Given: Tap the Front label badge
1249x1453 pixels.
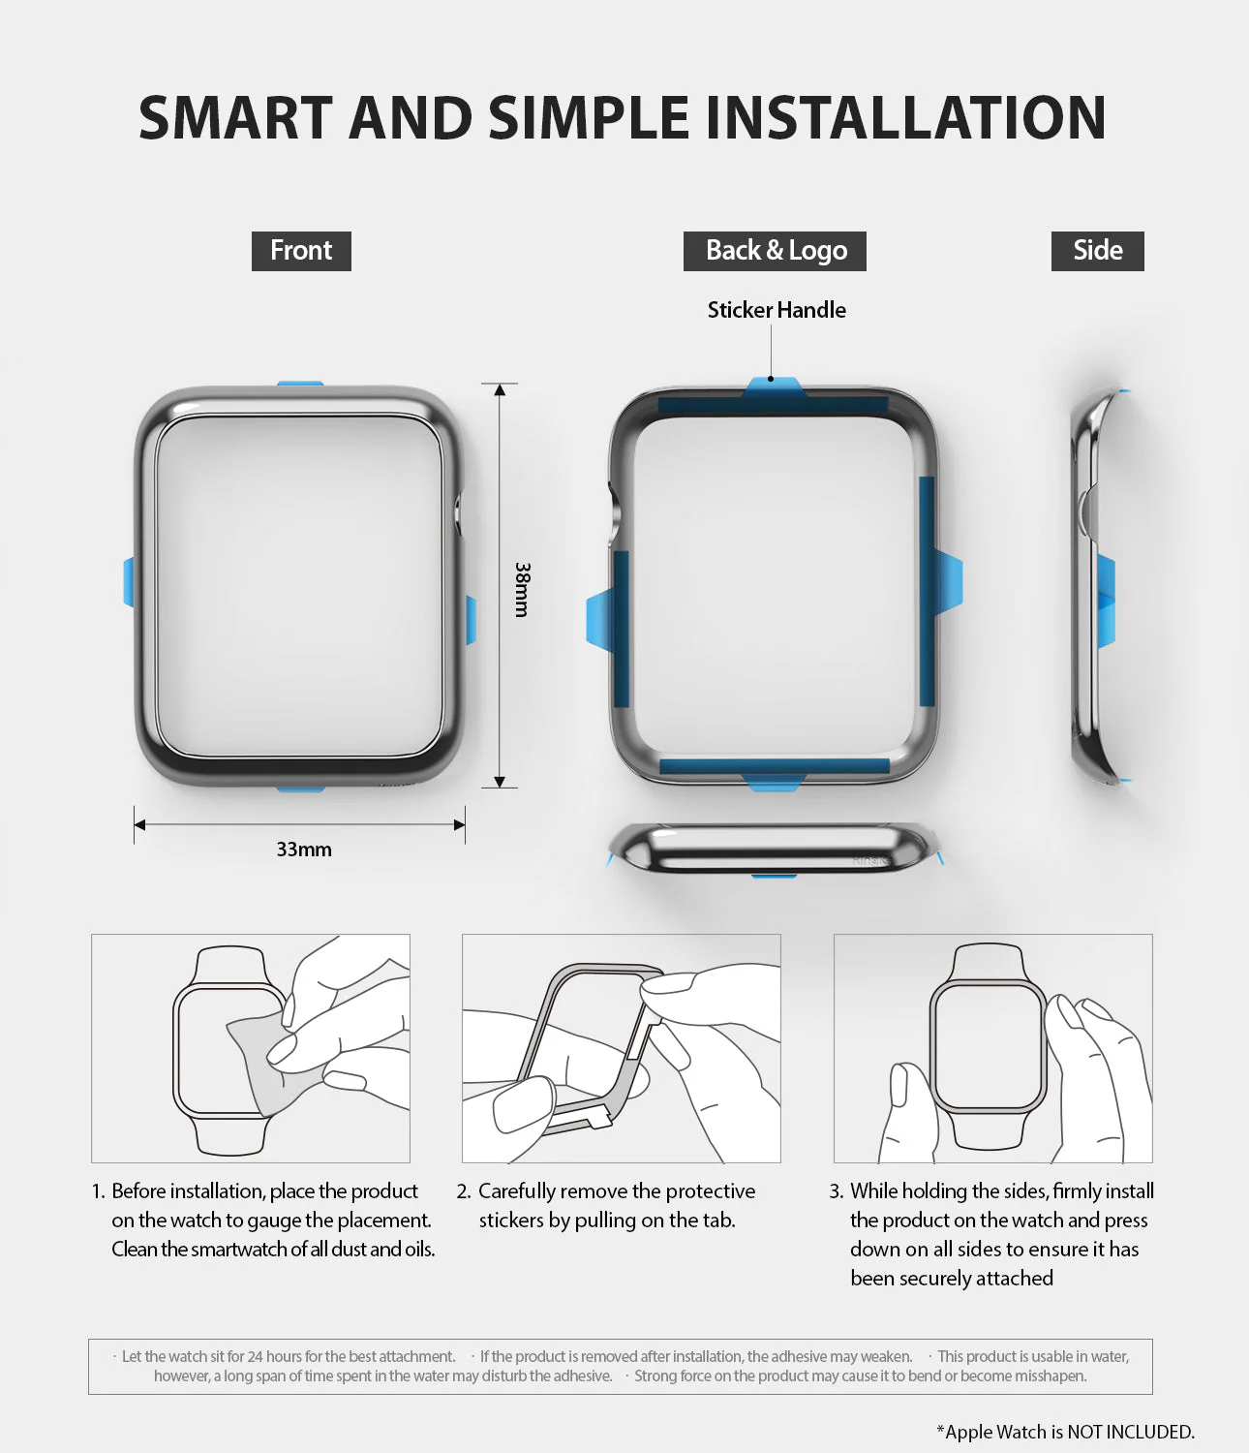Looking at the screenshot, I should pos(301,251).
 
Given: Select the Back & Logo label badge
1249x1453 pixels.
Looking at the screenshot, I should pos(776,251).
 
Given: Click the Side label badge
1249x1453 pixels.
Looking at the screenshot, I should pos(1097,251).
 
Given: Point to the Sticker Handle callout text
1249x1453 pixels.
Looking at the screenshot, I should pos(777,310).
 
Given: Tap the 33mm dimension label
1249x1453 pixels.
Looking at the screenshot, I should pos(304,850).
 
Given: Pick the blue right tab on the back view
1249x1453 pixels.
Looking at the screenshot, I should pos(949,581).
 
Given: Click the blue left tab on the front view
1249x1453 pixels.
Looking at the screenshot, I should pos(129,582).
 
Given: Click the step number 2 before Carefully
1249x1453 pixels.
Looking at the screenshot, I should pos(464,1191).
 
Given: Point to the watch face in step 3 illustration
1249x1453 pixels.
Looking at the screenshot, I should pos(988,1046).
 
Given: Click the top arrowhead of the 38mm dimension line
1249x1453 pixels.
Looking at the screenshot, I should pos(500,390).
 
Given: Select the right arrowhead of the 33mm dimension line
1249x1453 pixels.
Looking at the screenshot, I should pos(459,825).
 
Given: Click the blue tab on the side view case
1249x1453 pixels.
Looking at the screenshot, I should pos(1106,601).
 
